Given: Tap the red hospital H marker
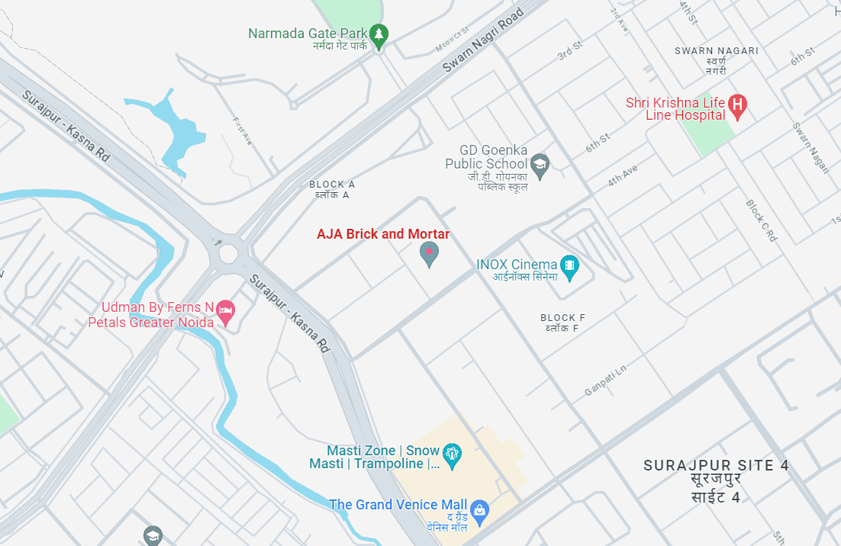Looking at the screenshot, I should point(737,105).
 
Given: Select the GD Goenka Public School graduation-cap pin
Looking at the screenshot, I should point(540,165).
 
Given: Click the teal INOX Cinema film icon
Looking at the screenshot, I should point(569,265).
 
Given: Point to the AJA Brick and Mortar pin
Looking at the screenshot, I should point(430,254).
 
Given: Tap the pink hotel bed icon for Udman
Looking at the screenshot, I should point(225,310).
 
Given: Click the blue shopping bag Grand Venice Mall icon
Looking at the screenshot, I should point(479,509).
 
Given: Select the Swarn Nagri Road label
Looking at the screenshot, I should point(484,41).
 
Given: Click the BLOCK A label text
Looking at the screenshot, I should point(332,185).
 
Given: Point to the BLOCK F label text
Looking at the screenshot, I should point(562,318).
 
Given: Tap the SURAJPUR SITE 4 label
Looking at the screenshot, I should point(716,465).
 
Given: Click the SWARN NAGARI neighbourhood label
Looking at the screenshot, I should point(716,51).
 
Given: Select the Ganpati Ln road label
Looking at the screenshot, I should point(604,380).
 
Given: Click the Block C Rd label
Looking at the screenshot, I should point(761,221).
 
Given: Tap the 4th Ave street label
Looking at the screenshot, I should point(622,175).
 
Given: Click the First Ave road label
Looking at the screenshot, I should point(243,130).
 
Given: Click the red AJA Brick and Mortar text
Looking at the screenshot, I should point(383,234).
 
